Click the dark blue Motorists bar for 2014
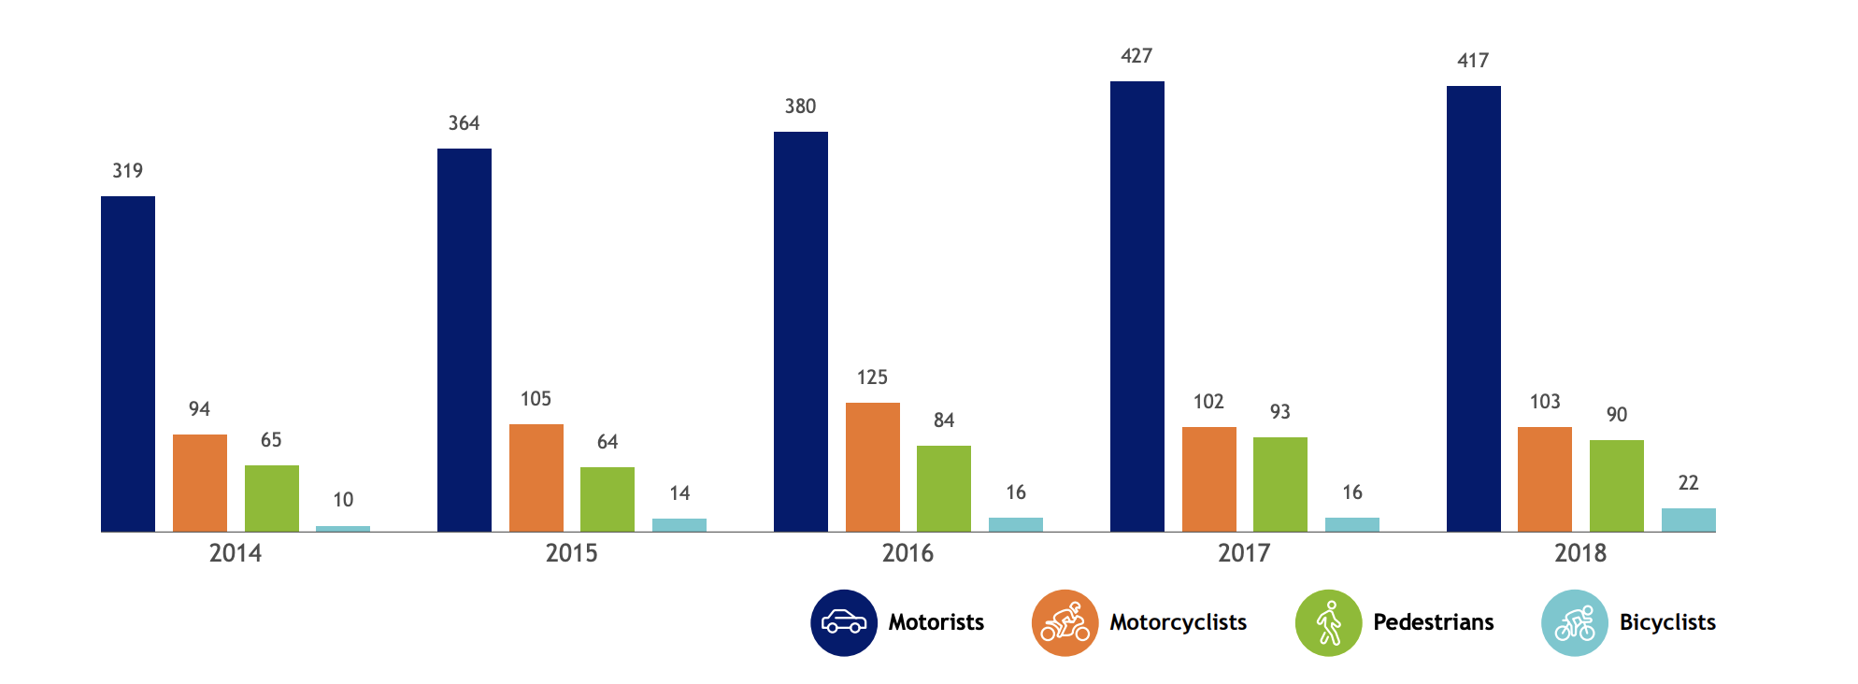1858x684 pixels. pyautogui.click(x=128, y=364)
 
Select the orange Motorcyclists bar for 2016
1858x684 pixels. pyautogui.click(x=872, y=467)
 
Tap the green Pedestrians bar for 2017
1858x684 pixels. pyautogui.click(x=1279, y=484)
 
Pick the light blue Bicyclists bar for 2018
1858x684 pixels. pyautogui.click(x=1688, y=520)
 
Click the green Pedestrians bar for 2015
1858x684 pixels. pyautogui.click(x=607, y=499)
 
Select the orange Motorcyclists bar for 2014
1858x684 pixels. pyautogui.click(x=199, y=483)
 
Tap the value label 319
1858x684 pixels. pyautogui.click(x=128, y=171)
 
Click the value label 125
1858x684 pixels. pyautogui.click(x=872, y=378)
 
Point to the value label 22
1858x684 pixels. pyautogui.click(x=1688, y=483)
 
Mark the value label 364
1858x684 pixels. pyautogui.click(x=464, y=123)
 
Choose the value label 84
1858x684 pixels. pyautogui.click(x=944, y=420)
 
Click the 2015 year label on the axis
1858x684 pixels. pyautogui.click(x=571, y=553)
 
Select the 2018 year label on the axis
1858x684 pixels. pyautogui.click(x=1580, y=553)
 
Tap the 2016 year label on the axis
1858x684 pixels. pyautogui.click(x=908, y=553)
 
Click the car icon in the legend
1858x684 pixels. pyautogui.click(x=844, y=622)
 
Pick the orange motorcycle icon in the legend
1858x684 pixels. pyautogui.click(x=1065, y=622)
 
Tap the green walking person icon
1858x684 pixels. pyautogui.click(x=1328, y=622)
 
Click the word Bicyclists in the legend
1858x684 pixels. pyautogui.click(x=1667, y=622)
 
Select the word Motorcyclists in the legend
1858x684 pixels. pyautogui.click(x=1178, y=622)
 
